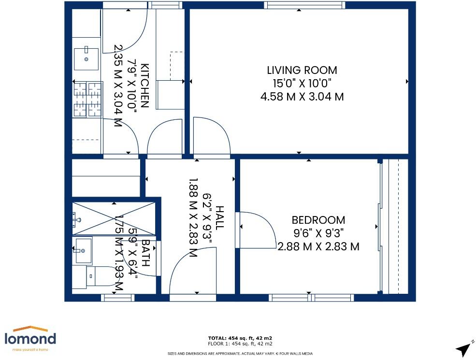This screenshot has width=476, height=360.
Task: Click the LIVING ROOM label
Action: point(302,70)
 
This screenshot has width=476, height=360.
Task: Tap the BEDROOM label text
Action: point(318,220)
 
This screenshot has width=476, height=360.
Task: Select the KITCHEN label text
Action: point(145,86)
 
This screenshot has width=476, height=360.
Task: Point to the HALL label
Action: point(219,217)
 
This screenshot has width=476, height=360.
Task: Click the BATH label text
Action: point(146,253)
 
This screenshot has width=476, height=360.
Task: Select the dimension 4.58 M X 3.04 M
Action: point(302,97)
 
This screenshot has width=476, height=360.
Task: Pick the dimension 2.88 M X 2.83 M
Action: point(318,246)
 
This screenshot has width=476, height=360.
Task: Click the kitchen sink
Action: point(87,59)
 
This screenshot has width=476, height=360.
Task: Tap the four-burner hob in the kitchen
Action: point(88,99)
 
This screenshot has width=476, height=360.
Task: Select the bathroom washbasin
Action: point(83,251)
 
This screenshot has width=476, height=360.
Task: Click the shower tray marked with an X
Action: point(114,218)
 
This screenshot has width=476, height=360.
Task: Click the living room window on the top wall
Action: point(304,5)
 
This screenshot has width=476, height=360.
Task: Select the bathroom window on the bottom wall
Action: point(117,298)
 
